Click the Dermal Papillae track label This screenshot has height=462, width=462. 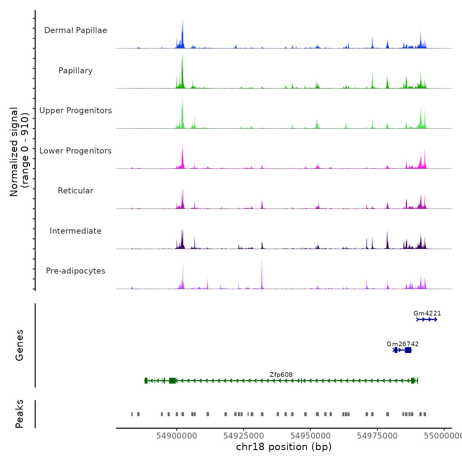[76, 30]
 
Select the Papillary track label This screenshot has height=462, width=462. [76, 71]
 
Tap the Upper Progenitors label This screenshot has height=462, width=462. [76, 111]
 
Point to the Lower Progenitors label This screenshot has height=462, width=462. [76, 151]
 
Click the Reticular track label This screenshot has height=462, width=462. [76, 191]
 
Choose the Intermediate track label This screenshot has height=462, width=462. [76, 231]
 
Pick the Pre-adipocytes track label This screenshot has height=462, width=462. [76, 271]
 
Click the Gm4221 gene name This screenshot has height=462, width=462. [427, 313]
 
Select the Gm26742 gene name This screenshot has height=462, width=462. [403, 344]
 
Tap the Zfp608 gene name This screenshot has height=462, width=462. [281, 375]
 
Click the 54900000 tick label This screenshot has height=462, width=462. [177, 436]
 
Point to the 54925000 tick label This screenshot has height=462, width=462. [244, 436]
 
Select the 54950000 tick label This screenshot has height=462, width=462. [310, 436]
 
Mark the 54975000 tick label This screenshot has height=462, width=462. [377, 436]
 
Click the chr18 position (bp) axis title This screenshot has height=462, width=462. [284, 447]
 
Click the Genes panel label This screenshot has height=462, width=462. [19, 345]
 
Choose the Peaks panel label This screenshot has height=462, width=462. [19, 414]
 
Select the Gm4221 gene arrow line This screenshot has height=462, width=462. [427, 319]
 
